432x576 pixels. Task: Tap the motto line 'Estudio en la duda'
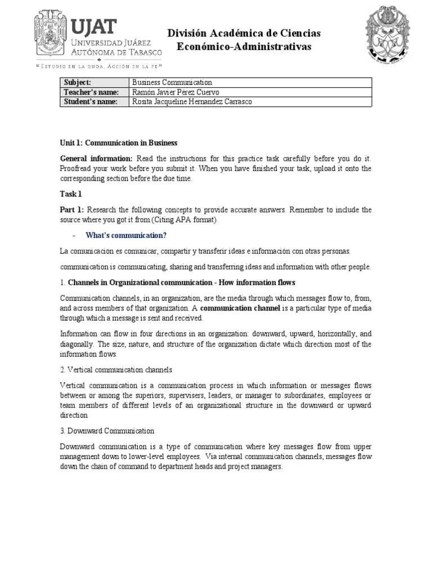(x=98, y=66)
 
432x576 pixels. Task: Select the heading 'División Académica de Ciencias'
(x=244, y=34)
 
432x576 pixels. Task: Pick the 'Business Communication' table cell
(x=172, y=83)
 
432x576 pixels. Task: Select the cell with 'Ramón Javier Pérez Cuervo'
(x=175, y=92)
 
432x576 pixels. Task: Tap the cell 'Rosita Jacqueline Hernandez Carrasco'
(x=191, y=102)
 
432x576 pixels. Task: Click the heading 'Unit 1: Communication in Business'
(x=119, y=143)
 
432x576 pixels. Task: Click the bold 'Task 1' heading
(x=71, y=194)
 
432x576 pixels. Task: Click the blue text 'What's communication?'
(x=126, y=235)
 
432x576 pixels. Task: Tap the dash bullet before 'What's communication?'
(x=75, y=235)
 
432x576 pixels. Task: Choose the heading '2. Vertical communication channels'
(x=116, y=370)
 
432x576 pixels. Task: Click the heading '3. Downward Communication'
(x=107, y=431)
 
